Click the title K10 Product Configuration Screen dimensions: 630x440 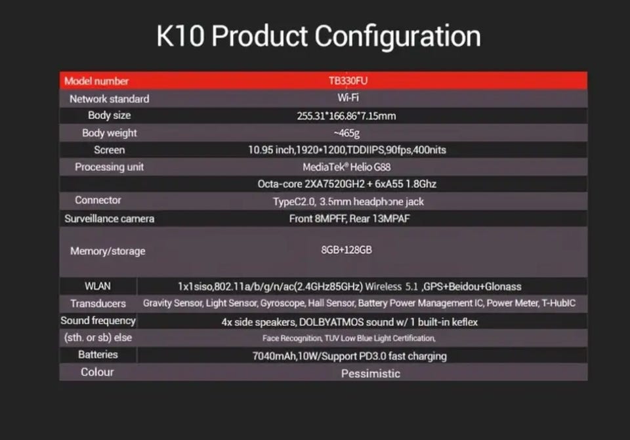318,37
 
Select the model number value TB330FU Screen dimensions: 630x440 348,81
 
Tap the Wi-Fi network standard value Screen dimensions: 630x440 348,98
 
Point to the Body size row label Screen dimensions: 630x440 110,115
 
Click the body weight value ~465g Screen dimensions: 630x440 346,133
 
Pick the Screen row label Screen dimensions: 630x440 110,150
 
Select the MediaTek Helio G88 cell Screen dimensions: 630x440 346,167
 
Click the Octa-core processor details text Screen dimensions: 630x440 346,184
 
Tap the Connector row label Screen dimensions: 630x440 98,200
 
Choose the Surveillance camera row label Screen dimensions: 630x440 110,218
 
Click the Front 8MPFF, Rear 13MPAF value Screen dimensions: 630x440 349,218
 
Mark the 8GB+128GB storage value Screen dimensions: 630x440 346,250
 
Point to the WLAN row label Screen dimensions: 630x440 98,286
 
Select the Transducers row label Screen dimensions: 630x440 98,304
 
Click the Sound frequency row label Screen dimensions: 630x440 98,321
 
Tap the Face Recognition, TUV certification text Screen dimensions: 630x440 348,338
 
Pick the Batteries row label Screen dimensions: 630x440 98,355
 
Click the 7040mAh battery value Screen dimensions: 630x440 349,356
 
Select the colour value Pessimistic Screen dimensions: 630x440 370,374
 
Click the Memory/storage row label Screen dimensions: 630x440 108,251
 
